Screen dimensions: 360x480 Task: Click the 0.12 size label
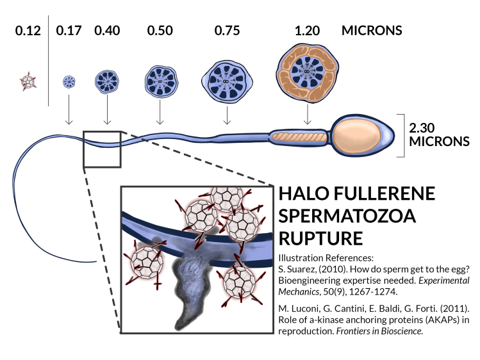27,30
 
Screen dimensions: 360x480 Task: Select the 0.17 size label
69,30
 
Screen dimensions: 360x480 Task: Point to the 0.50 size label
160,30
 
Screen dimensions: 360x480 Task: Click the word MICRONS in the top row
372,30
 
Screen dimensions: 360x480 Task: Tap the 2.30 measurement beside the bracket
421,127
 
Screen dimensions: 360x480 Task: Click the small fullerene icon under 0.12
28,81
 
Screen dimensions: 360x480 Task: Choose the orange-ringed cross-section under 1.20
308,78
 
